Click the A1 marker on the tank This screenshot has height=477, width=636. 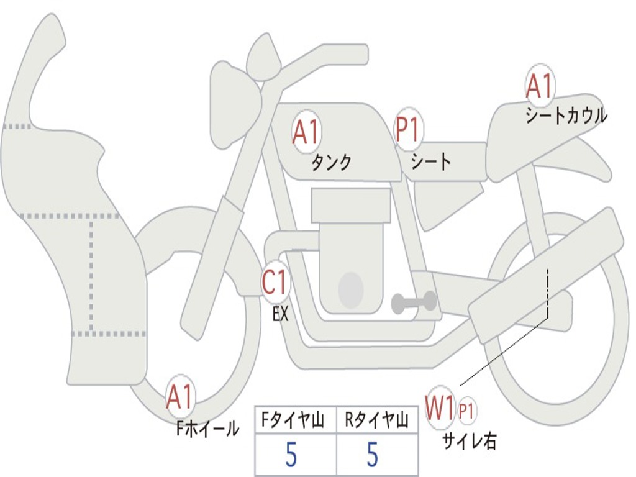click(x=306, y=133)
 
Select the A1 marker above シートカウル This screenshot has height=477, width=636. click(x=539, y=86)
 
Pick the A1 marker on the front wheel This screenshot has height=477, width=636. click(x=180, y=397)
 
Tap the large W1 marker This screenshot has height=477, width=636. click(x=440, y=409)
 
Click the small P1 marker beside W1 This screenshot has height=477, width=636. click(x=467, y=411)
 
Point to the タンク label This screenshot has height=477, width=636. click(x=331, y=163)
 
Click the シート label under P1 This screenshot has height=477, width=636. click(x=431, y=163)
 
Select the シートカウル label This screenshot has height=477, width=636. click(x=566, y=116)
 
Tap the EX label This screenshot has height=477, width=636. click(x=281, y=314)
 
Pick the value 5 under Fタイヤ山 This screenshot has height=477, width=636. click(x=291, y=455)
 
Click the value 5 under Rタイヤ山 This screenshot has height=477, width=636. click(x=372, y=455)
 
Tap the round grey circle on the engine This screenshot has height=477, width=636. click(x=351, y=289)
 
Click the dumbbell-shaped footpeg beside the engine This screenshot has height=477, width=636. click(x=414, y=302)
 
